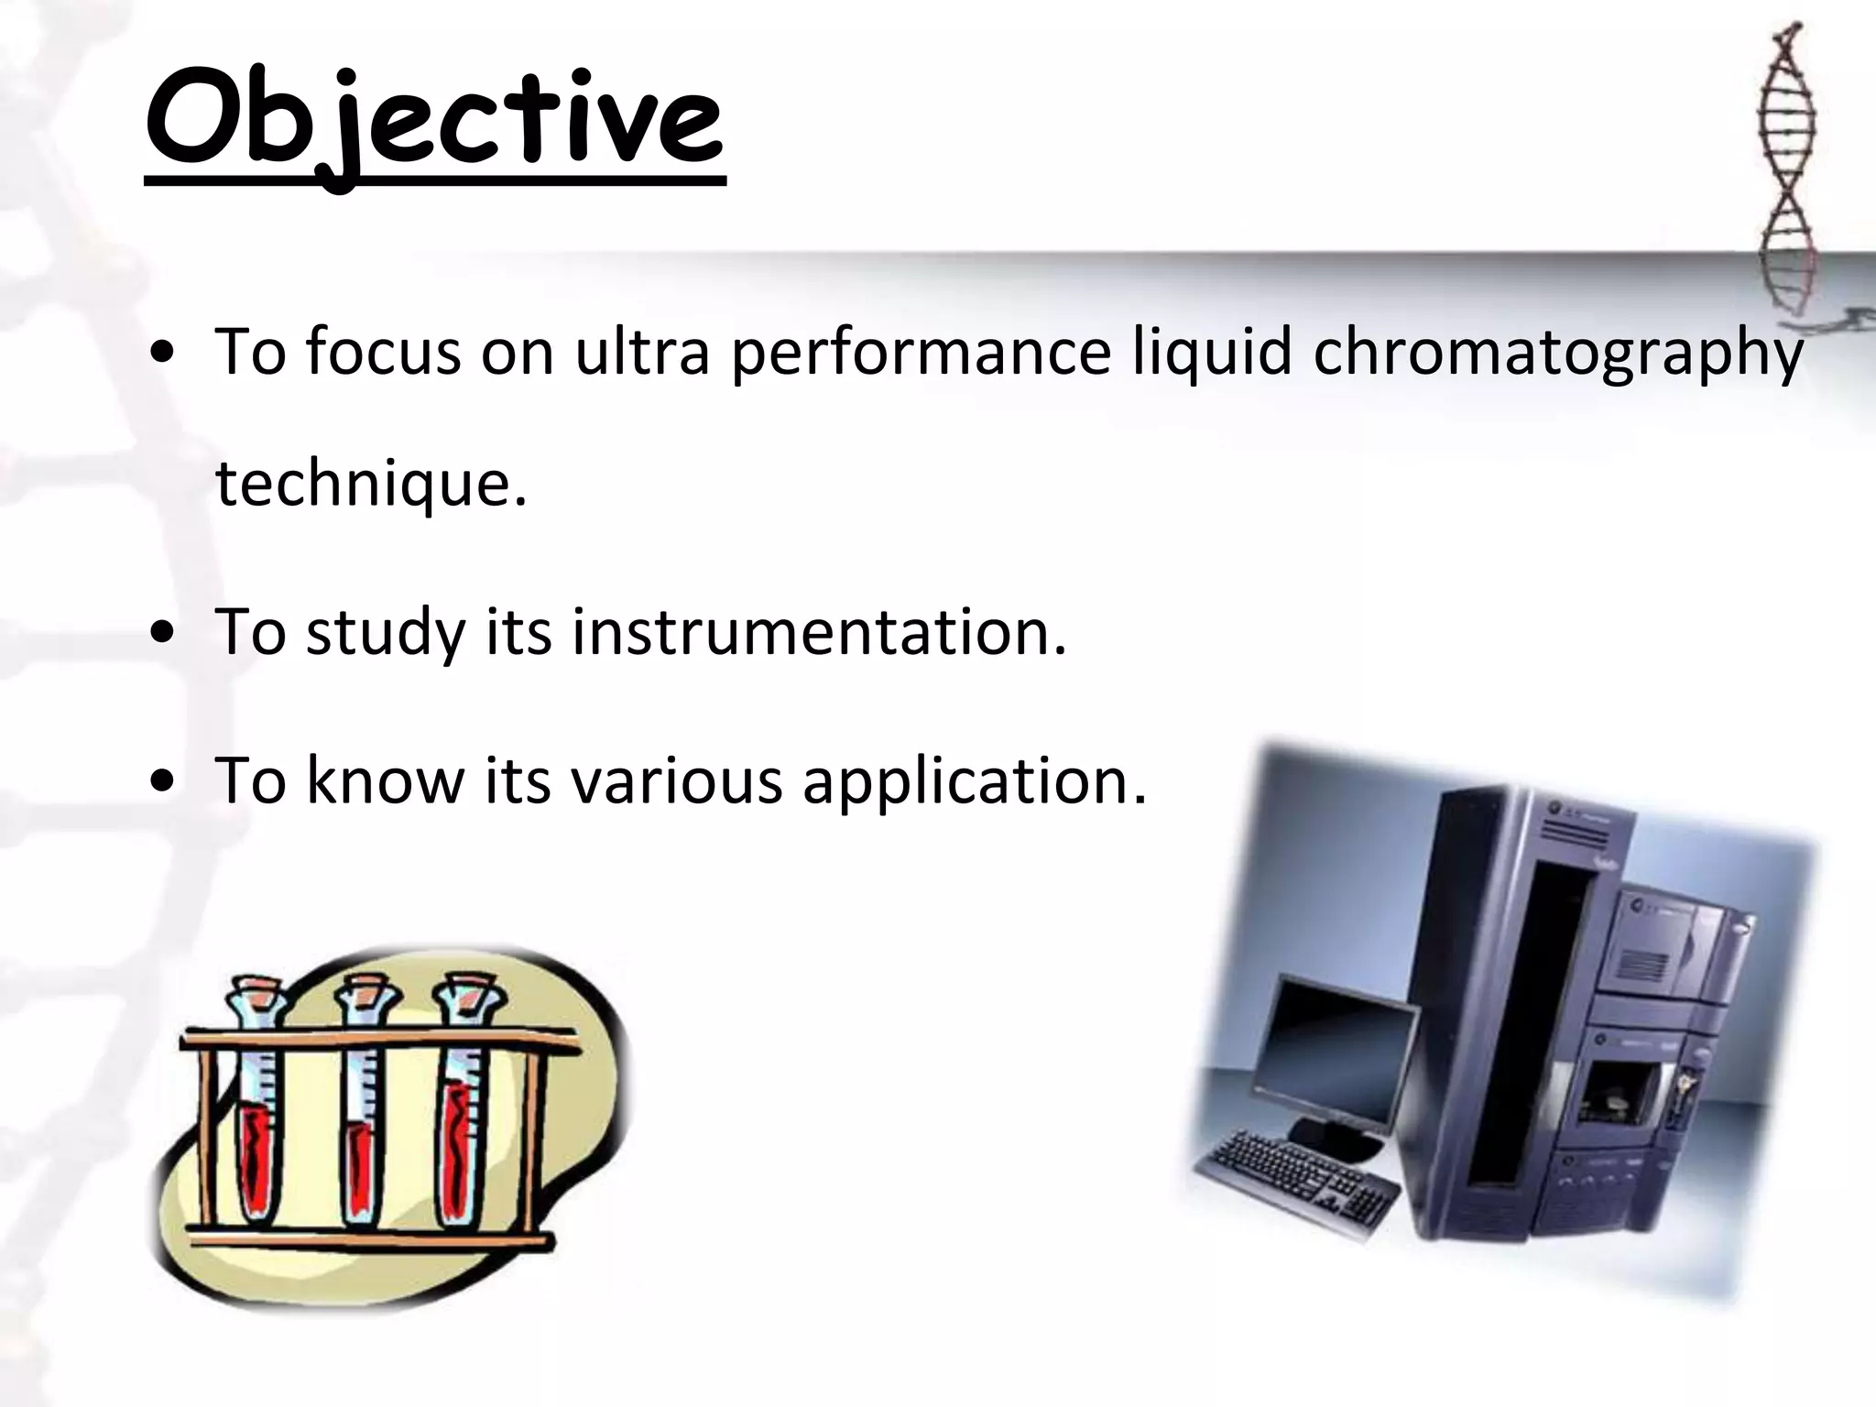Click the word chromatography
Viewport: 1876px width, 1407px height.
tap(1558, 353)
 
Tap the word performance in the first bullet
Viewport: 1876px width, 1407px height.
tap(920, 353)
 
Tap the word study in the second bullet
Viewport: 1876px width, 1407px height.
tap(385, 633)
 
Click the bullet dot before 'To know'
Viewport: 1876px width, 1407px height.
tap(162, 780)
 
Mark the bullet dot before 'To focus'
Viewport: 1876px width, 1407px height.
tap(162, 354)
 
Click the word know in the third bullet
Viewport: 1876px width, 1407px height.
tap(385, 780)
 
